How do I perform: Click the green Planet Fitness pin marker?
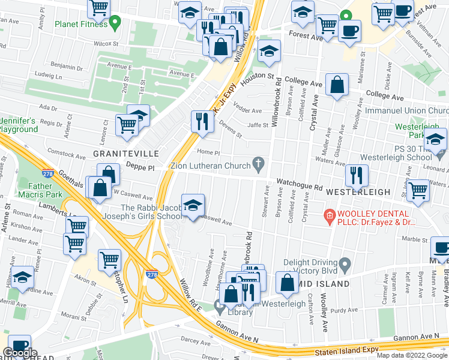tap(118, 23)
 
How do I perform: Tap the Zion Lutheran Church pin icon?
tap(259, 163)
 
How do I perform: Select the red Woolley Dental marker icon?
tap(328, 215)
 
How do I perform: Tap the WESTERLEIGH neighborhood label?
tap(358, 191)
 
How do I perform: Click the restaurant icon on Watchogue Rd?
tap(357, 175)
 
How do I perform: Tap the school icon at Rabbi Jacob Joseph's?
tap(192, 206)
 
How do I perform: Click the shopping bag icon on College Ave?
tap(337, 85)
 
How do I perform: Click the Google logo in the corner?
tap(19, 353)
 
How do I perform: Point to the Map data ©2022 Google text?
tap(412, 355)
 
